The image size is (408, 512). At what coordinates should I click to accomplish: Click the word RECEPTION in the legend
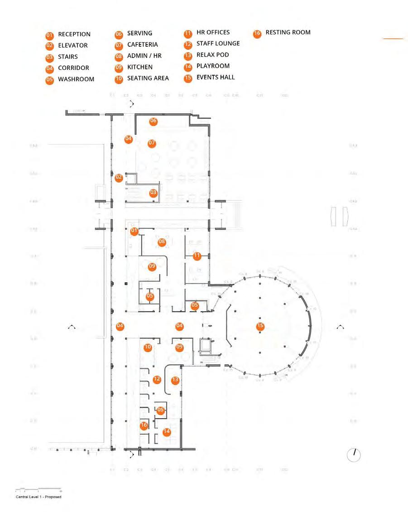74,34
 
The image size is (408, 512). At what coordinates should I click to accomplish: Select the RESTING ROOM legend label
288,33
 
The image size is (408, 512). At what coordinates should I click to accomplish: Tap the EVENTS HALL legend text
216,77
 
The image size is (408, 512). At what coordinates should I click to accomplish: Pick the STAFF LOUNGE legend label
218,43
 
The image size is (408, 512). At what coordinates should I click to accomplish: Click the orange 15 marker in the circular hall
260,326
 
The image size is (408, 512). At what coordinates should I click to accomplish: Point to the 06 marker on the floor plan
153,121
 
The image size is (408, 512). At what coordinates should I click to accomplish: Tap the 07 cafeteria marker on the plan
152,143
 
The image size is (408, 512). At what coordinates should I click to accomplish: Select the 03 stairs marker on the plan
154,193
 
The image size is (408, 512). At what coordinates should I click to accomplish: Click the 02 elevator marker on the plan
119,178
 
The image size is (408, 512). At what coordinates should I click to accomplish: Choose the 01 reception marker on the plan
134,231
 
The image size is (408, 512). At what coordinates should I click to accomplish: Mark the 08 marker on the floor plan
162,242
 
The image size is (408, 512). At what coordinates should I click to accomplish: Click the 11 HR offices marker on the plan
197,256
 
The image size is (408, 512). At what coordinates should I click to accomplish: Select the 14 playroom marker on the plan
167,432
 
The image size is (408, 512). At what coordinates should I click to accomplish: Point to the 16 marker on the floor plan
144,425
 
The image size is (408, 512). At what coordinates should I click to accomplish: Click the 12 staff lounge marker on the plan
157,380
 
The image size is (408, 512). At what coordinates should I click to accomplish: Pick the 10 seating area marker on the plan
148,347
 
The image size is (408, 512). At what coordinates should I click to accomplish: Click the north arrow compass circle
354,454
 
